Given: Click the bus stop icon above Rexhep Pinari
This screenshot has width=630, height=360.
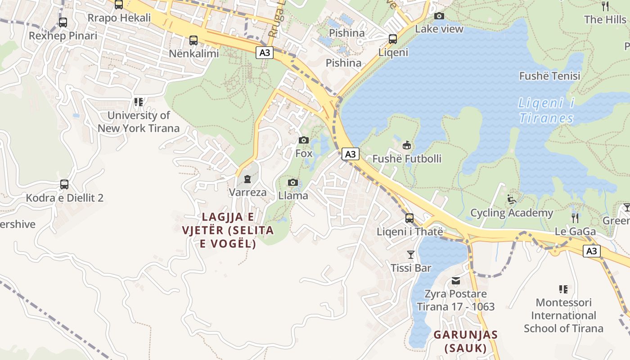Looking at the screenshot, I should coord(63,22).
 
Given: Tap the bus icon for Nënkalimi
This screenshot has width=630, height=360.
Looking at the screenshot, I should coord(193,40).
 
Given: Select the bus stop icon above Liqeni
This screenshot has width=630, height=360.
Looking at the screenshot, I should coord(393,39).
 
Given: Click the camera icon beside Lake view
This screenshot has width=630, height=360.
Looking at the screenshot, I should coord(439,16).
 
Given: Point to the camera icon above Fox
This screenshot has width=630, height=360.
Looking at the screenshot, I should coord(304,140).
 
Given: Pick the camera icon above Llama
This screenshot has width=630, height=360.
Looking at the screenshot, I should coord(293,182).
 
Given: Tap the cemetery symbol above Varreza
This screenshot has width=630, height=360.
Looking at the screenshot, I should coord(247,179).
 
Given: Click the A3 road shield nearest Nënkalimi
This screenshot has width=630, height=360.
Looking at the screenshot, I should coord(265,53).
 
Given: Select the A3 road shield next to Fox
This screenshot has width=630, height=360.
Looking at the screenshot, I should coord(350,154).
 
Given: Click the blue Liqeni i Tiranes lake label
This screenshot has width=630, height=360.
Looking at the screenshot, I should coord(546,111).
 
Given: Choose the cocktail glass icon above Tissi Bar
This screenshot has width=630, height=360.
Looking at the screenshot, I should coord(410,255).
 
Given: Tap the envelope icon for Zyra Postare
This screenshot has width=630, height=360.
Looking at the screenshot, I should coord(456,281).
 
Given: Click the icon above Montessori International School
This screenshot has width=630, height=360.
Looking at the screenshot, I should coord(563,289).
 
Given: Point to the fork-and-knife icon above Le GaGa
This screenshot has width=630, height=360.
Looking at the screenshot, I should coord(575,218).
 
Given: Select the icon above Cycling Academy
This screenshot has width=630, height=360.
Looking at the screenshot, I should coord(512,199).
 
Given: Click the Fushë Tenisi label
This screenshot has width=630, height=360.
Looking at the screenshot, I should coord(549,76).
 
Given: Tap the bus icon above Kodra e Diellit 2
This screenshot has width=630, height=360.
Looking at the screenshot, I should coord(64,184).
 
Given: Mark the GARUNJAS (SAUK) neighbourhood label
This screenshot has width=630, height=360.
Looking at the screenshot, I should coord(466,341).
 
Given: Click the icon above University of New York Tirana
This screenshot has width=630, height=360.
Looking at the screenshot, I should coord(138,102).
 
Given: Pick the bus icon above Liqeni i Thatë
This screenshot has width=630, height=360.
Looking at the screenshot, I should coord(409,218).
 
